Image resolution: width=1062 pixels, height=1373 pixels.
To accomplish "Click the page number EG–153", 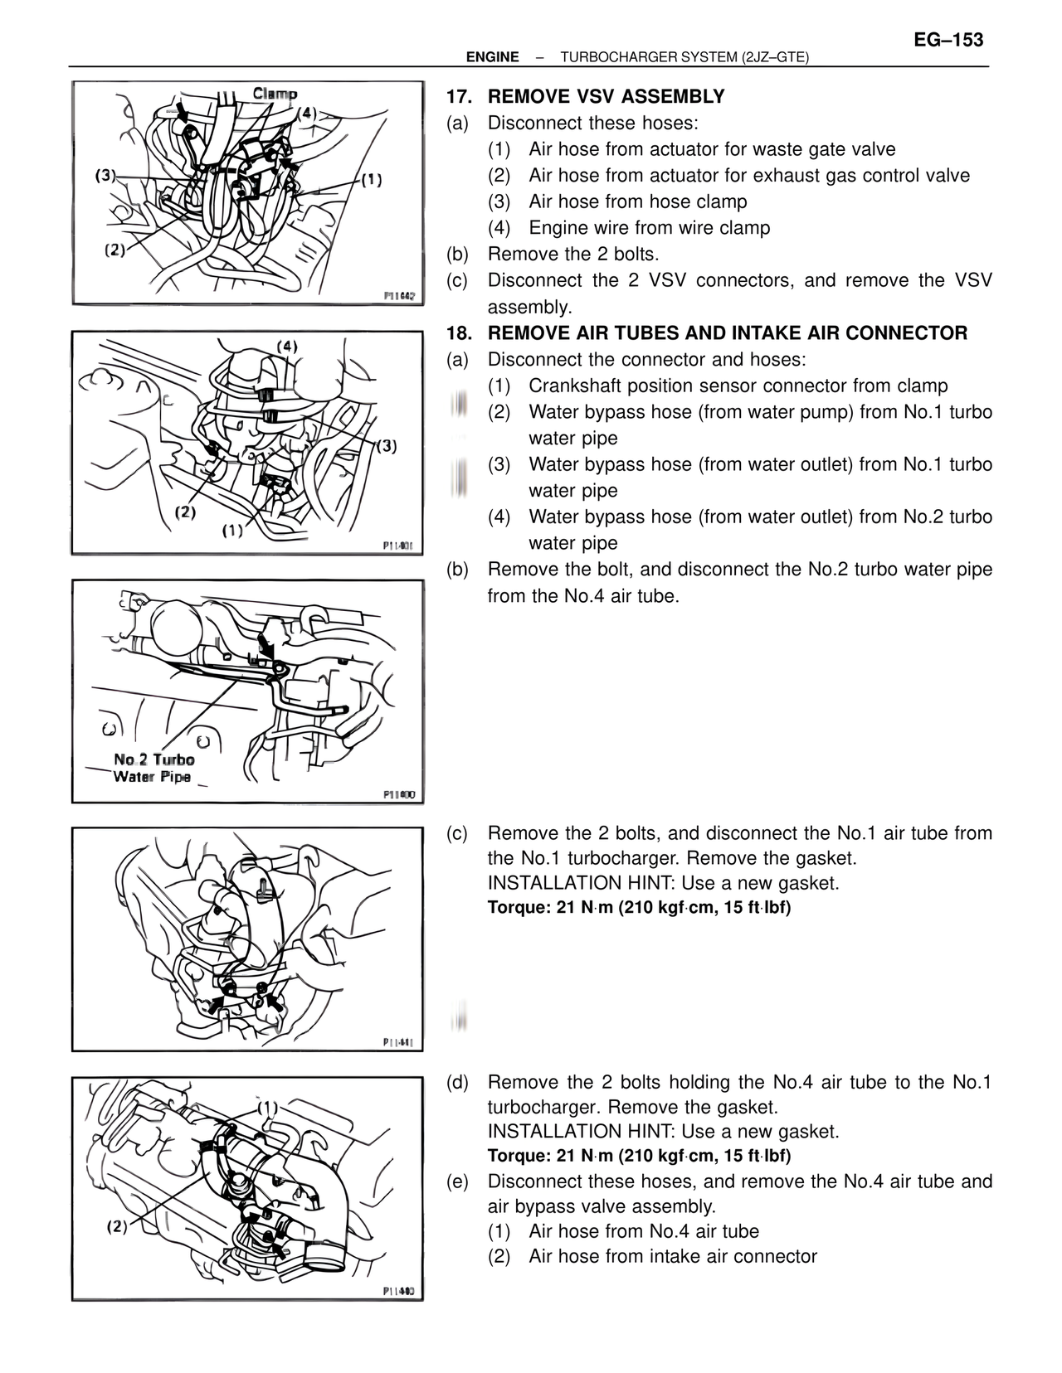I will tap(948, 40).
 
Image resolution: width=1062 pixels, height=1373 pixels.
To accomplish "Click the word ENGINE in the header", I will tap(492, 57).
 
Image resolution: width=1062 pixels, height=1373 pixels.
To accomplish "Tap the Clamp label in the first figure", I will tap(275, 94).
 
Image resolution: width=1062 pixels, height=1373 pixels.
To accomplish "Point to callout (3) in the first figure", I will tap(105, 175).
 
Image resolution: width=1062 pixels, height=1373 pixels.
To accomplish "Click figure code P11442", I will tap(399, 296).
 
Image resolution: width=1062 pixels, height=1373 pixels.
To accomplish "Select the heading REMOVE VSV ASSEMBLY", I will tap(606, 97).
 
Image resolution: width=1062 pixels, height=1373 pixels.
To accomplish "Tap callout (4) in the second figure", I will tap(286, 346).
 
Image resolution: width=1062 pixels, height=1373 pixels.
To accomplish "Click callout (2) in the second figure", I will tap(184, 512).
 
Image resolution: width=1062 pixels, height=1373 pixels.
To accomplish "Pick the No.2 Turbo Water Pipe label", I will tap(153, 768).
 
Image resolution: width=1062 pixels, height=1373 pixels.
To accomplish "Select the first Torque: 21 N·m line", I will tap(639, 908).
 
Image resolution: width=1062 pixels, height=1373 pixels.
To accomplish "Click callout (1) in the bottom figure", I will tap(267, 1107).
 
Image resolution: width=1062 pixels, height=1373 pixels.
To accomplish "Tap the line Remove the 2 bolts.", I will tap(572, 254).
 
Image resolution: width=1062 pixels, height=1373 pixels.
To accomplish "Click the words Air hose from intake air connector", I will tap(672, 1256).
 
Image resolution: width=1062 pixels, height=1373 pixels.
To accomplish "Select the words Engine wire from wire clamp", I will tap(649, 228).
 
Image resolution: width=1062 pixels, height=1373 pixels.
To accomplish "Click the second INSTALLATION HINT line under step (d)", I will tap(663, 1132).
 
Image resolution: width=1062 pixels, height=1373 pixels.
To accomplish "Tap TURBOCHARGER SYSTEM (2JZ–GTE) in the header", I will tap(684, 57).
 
